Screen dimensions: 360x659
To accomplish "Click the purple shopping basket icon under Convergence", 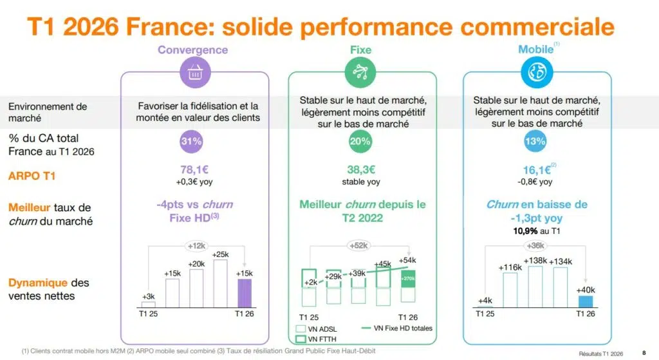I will (x=193, y=74).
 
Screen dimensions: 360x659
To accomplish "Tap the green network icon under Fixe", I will (x=360, y=74).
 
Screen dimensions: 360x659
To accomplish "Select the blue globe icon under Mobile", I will (x=535, y=74).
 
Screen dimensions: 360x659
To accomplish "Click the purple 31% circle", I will (x=192, y=141).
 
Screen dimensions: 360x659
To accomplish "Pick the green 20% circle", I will (x=360, y=141).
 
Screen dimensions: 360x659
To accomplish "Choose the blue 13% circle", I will (x=535, y=141).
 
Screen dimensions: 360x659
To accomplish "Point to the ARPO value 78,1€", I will (x=193, y=170).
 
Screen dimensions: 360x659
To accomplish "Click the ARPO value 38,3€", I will (x=361, y=170).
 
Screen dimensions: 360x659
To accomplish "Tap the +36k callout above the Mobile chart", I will (x=535, y=246).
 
